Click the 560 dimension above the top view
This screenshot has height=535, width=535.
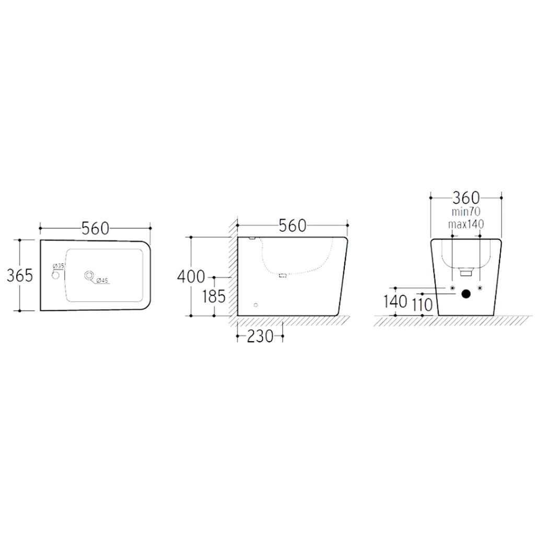tap(95, 228)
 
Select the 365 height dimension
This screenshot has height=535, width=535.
tap(20, 275)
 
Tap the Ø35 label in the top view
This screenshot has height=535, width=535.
tap(59, 266)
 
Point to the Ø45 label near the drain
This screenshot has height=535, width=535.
tap(101, 281)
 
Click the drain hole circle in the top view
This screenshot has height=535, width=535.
tap(89, 274)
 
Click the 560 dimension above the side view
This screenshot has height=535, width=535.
tap(293, 225)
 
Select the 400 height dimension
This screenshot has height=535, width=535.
tap(191, 276)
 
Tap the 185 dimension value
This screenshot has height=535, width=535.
tap(214, 297)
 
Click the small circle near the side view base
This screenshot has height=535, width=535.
tap(255, 305)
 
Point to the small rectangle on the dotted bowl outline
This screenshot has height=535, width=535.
tap(284, 275)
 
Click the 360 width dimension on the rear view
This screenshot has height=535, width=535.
tap(466, 197)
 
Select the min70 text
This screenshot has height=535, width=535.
tap(466, 212)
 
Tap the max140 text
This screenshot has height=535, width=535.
tap(466, 224)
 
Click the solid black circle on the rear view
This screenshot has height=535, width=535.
tap(466, 294)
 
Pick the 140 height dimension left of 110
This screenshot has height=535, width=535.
tap(395, 302)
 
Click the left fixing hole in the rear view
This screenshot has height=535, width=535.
tap(452, 288)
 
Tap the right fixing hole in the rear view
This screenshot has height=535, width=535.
tap(480, 288)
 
